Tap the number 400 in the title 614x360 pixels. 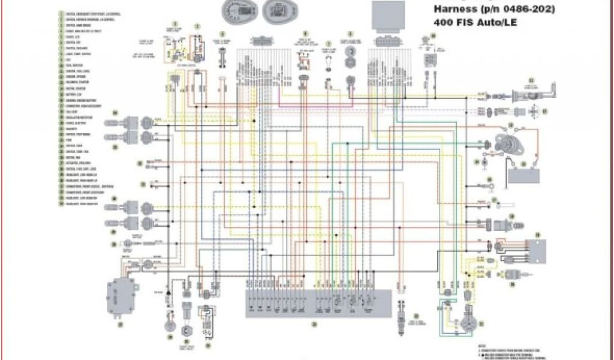pos(444,23)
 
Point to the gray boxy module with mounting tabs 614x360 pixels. pos(121,296)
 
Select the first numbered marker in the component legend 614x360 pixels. pos(61,13)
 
